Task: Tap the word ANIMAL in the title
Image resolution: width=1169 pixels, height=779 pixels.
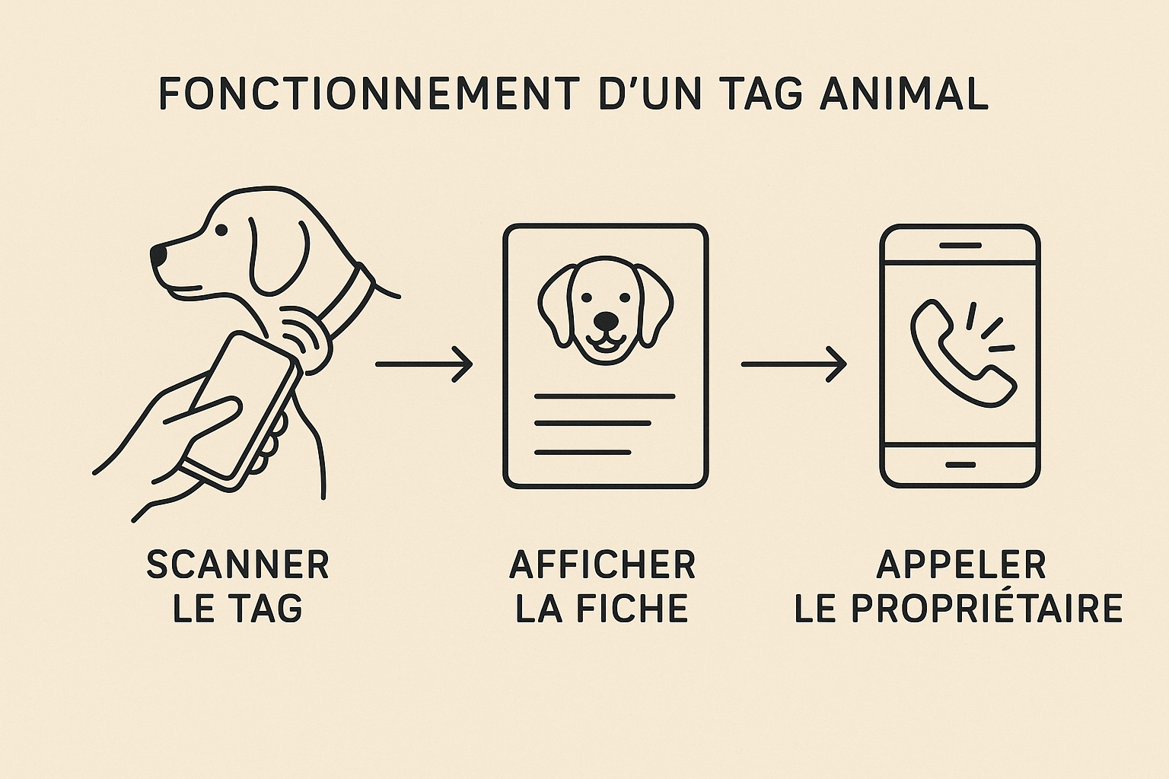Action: (x=904, y=94)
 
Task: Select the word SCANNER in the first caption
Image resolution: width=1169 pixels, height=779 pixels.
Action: (x=238, y=564)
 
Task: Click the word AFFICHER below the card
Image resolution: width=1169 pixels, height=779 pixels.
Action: (x=603, y=564)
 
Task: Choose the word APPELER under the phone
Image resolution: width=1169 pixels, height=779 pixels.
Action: (x=961, y=564)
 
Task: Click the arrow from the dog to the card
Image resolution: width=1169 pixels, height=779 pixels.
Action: (x=424, y=364)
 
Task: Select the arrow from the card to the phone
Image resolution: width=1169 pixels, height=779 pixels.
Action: (x=794, y=364)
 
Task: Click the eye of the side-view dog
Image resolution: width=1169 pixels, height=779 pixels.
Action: (x=221, y=230)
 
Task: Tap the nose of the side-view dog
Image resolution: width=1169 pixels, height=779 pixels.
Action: (x=158, y=255)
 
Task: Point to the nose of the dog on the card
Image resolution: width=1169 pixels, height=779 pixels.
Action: (x=606, y=320)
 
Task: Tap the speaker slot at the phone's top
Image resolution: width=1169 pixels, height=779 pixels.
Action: (x=960, y=245)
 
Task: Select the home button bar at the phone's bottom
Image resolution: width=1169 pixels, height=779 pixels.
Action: (x=960, y=464)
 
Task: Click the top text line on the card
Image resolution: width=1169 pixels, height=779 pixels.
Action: (x=605, y=396)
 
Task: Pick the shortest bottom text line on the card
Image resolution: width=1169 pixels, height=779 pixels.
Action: (x=582, y=453)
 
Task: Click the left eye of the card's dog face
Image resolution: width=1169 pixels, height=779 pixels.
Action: (x=587, y=297)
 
